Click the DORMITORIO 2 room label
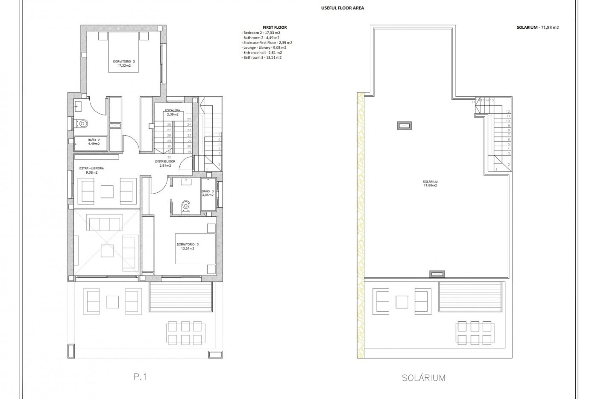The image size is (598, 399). (124, 63)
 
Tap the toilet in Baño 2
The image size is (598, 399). (82, 124)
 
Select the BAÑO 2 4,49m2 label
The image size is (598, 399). (93, 142)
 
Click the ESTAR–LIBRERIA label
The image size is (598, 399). (92, 170)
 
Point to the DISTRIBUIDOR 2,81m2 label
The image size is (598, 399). (165, 163)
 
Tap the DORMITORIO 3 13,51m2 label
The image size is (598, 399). (187, 246)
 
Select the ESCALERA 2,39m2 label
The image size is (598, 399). (172, 112)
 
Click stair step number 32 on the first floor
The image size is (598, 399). (169, 157)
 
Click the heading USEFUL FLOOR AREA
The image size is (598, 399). (342, 8)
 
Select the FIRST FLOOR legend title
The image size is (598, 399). (275, 27)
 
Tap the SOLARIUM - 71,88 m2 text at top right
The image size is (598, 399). (538, 27)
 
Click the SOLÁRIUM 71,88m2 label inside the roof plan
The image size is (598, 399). (430, 183)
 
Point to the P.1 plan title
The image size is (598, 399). (140, 377)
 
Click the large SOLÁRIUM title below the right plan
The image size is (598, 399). (423, 378)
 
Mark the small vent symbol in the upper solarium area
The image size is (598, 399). (404, 126)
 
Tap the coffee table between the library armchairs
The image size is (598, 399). (107, 191)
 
